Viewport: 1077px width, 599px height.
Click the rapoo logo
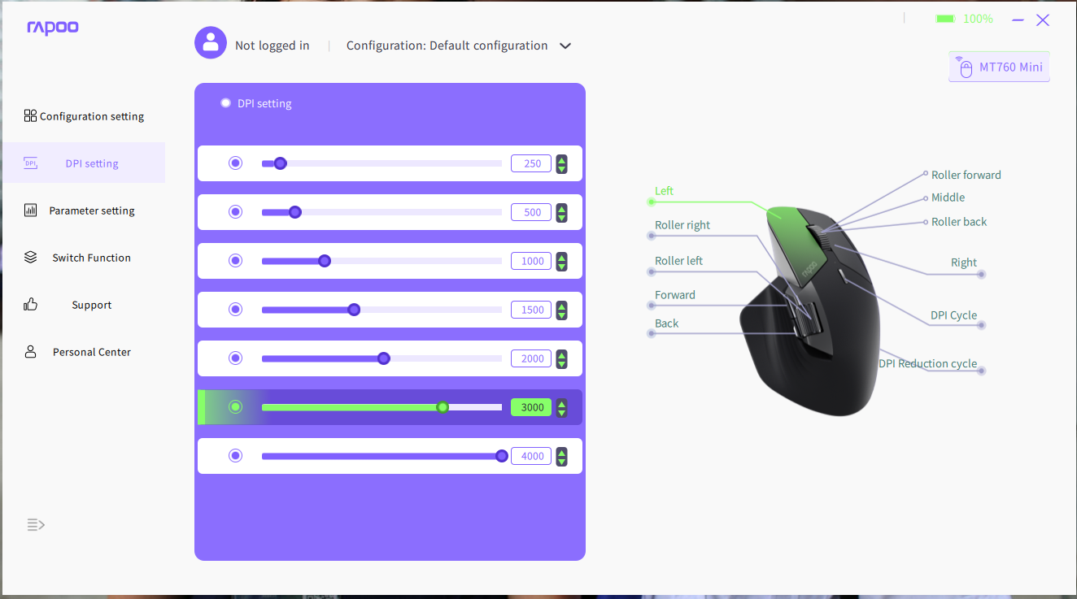[53, 28]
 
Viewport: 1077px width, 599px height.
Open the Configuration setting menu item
[84, 116]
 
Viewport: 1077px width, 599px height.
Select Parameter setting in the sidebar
[80, 211]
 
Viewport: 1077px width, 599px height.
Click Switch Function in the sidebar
[77, 258]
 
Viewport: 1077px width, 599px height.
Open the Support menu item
[68, 305]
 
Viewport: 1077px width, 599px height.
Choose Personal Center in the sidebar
[77, 352]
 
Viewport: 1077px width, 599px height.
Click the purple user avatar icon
[211, 43]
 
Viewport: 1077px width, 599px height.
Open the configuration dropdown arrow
[565, 46]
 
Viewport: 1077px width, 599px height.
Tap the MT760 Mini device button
[999, 67]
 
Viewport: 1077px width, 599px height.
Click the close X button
[1043, 20]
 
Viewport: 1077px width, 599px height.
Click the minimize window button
[1018, 20]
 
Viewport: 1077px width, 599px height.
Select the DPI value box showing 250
[531, 163]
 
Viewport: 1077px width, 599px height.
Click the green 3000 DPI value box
[531, 407]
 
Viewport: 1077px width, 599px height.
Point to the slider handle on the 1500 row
[354, 310]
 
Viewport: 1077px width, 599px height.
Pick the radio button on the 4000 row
[235, 455]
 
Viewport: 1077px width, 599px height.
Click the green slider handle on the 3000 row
[443, 407]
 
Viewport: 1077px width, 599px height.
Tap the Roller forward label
[966, 175]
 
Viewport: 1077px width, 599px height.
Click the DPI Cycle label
[953, 315]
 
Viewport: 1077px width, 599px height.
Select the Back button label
[666, 323]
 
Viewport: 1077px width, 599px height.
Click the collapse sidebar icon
[36, 524]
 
